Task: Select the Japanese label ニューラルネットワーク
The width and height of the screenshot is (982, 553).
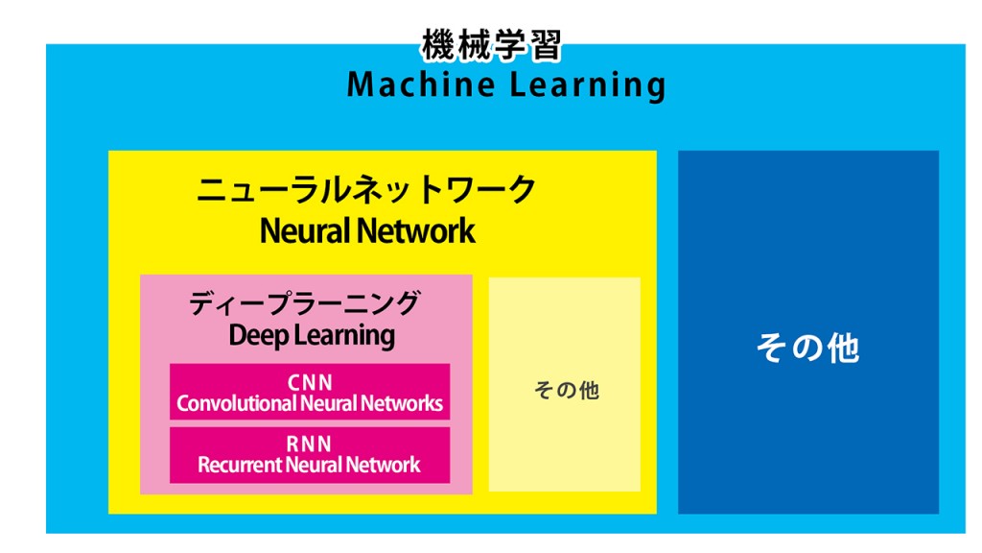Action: [366, 189]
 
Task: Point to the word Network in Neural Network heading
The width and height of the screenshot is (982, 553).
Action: [418, 230]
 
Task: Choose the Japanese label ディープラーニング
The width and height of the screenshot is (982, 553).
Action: [304, 303]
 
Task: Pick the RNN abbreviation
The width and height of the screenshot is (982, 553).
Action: [309, 445]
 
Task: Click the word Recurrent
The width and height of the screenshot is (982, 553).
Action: [240, 465]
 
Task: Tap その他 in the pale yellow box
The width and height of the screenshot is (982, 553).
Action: [566, 391]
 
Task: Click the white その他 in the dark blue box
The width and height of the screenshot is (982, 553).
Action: [807, 347]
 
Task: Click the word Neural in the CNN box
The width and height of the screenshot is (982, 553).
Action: [328, 403]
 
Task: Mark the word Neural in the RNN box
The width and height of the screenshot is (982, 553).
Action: [314, 465]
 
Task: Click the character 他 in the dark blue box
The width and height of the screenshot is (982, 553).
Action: [842, 348]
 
